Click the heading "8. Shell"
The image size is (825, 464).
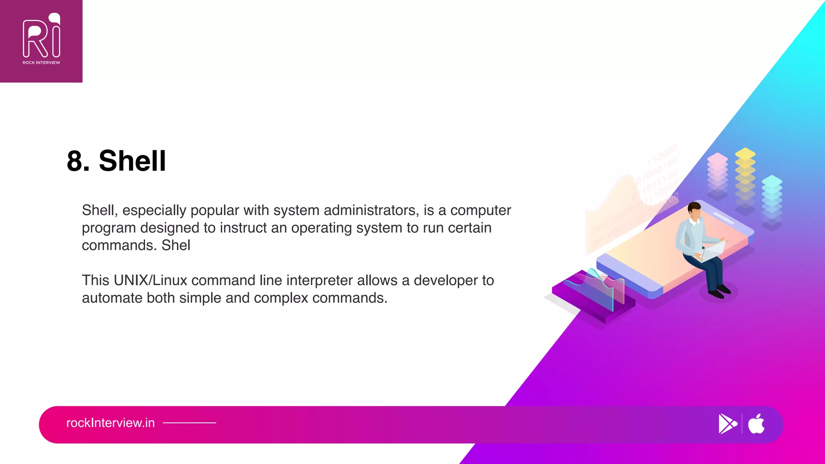point(116,161)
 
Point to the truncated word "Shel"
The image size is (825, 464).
point(176,245)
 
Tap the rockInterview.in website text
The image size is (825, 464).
point(110,423)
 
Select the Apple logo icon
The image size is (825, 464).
point(756,424)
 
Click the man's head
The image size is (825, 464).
point(694,211)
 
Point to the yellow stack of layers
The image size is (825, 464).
point(745,177)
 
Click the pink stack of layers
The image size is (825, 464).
point(717,175)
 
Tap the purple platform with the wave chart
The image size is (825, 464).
point(592,298)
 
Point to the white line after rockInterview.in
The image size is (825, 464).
point(189,423)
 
